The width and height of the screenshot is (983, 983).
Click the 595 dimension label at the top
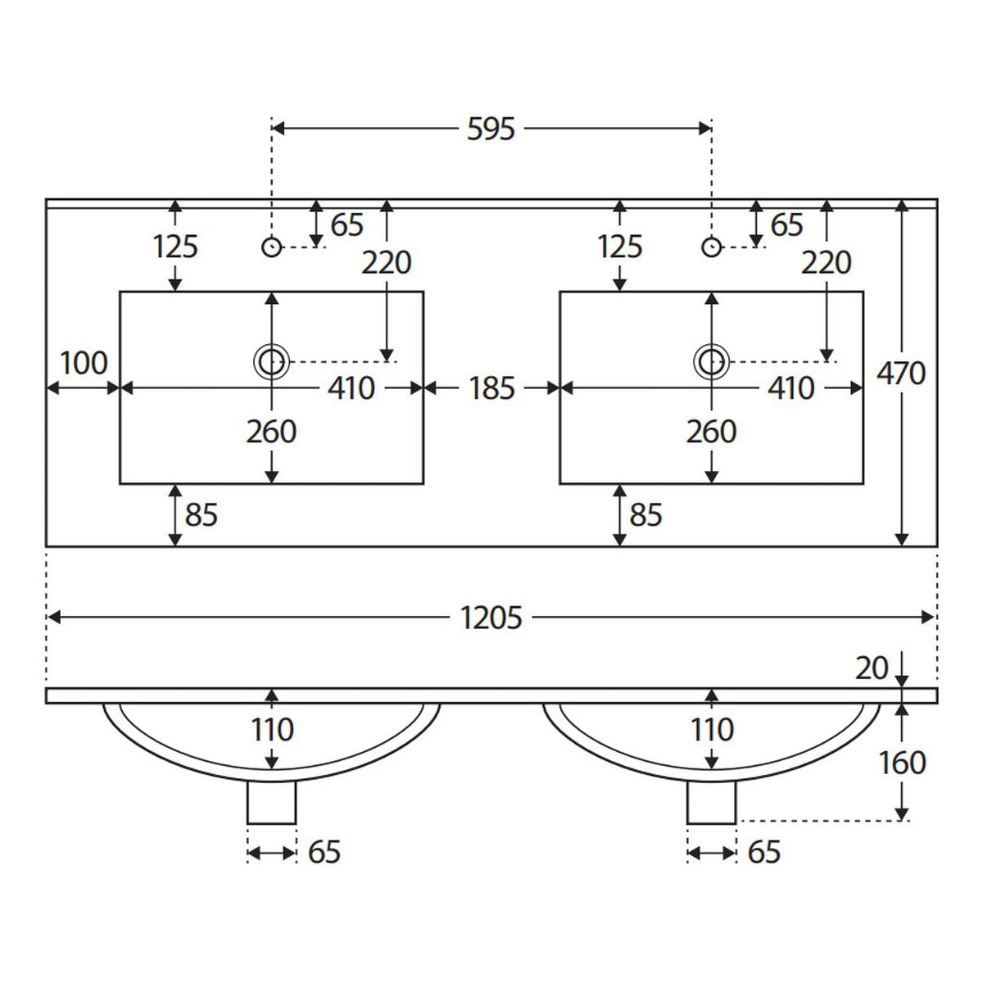491,129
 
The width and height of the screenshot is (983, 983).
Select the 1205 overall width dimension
491,618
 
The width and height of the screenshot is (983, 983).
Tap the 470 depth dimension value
901,373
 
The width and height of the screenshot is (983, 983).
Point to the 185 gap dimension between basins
491,388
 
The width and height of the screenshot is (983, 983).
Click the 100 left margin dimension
84,363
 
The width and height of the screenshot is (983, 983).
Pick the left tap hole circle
271,247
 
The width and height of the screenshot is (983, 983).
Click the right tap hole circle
711,247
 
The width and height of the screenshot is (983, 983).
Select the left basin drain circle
271,362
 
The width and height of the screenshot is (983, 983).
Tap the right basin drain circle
711,362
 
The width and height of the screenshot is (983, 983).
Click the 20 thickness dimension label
872,668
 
